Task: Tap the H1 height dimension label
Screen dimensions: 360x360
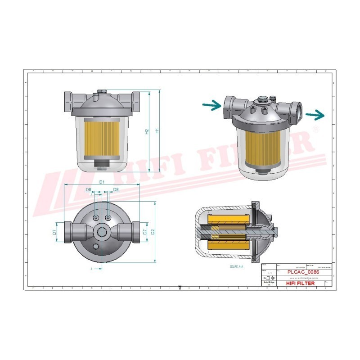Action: click(x=157, y=131)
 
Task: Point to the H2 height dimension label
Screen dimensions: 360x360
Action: click(x=147, y=132)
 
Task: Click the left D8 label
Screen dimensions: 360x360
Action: click(x=89, y=190)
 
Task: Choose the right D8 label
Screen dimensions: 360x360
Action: click(x=116, y=190)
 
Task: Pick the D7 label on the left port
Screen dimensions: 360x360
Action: click(x=54, y=232)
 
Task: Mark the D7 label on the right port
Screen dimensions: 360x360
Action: click(x=144, y=232)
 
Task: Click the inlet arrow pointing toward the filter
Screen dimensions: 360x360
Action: click(x=211, y=106)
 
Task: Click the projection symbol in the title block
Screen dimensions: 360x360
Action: click(x=268, y=278)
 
